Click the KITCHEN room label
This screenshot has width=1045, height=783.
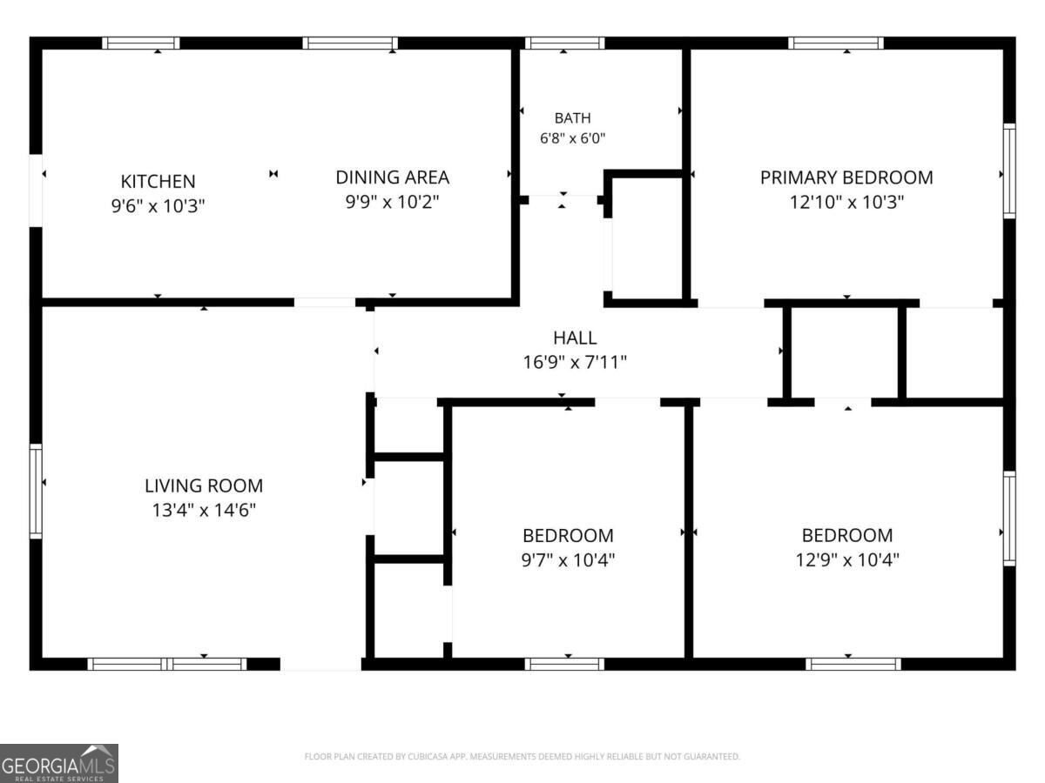tap(158, 181)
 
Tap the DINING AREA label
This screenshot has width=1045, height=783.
tap(392, 177)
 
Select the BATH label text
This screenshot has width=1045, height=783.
tap(573, 117)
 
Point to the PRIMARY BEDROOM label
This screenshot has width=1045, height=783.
tap(846, 177)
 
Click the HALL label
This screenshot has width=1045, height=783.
tap(575, 338)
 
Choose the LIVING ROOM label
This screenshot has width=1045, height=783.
tap(204, 485)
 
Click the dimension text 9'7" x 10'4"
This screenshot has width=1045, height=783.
tap(568, 560)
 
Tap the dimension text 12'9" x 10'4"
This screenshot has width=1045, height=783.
tap(847, 559)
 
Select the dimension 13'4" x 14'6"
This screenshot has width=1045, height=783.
tap(204, 510)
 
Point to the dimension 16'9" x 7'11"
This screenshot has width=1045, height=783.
tap(575, 362)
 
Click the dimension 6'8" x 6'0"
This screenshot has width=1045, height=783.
tap(573, 138)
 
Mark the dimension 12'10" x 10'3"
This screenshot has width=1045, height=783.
tap(846, 202)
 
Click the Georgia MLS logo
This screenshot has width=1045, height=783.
tap(59, 764)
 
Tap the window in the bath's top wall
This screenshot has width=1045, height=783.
tap(564, 43)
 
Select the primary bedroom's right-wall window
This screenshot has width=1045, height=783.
tap(1009, 171)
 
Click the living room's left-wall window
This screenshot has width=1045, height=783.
tap(36, 491)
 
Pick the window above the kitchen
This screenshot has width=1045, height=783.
tap(141, 43)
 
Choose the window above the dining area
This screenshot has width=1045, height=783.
tap(350, 43)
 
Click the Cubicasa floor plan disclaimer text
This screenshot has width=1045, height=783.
tap(522, 756)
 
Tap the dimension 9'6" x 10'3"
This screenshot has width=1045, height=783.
tap(158, 206)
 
